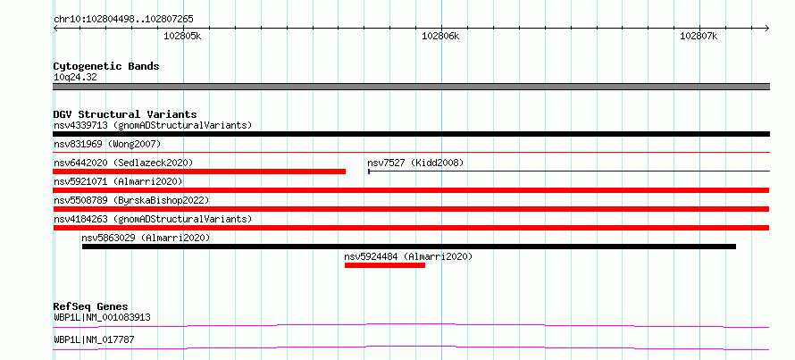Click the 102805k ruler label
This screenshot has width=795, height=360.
pos(182,36)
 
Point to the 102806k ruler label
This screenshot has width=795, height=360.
pos(440,36)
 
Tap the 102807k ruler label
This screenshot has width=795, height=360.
pos(699,36)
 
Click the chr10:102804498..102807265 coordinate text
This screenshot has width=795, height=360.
pos(123,20)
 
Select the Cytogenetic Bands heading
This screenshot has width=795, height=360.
pos(106,66)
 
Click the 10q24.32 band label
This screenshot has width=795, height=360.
pos(75,78)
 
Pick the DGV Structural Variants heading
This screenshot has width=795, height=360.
pos(125,114)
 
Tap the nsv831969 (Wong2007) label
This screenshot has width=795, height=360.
pos(107,144)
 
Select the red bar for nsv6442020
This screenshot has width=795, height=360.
pos(199,172)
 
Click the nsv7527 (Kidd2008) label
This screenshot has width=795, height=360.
pos(415,163)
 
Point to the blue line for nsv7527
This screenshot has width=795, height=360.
pos(569,172)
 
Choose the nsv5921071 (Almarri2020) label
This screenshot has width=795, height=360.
pos(118,181)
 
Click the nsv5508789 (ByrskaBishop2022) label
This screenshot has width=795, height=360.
pos(131,200)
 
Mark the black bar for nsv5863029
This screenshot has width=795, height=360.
pos(408,247)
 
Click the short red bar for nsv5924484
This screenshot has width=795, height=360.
pos(385,265)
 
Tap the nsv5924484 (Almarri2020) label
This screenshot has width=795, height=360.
pos(408,256)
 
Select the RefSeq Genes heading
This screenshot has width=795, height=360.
pos(90,306)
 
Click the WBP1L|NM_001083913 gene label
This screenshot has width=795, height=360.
pos(102,318)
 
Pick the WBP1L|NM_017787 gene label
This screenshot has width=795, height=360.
pos(94,339)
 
